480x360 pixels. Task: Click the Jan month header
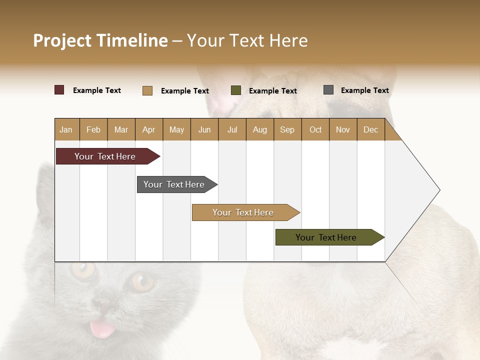[x=66, y=129]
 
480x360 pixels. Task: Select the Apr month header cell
[x=149, y=129]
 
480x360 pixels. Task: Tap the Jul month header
[x=232, y=129]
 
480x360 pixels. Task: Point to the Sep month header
[x=287, y=129]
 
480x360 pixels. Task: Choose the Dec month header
[x=370, y=129]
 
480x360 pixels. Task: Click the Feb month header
[x=93, y=129]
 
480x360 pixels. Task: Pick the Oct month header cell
[x=315, y=129]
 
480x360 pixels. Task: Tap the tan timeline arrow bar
[x=243, y=212]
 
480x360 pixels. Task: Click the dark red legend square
[x=59, y=90]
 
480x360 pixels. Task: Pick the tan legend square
[x=147, y=90]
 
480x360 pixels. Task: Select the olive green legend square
[x=236, y=90]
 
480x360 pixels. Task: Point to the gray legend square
[x=328, y=90]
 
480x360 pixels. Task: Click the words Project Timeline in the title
[x=100, y=40]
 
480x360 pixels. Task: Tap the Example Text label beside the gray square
[x=364, y=90]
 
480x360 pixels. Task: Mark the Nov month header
[x=343, y=129]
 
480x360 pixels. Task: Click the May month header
[x=176, y=129]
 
